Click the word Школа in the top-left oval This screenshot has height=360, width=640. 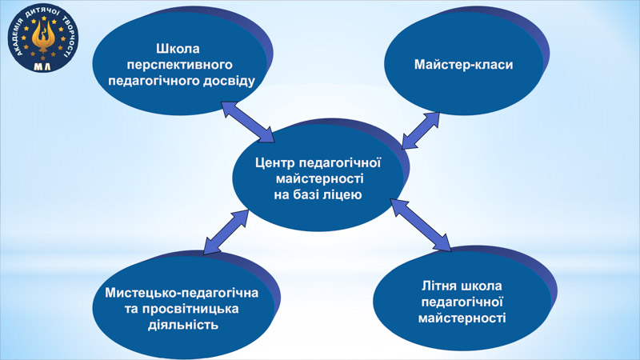pos(178,49)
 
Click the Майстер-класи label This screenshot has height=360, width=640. pos(464,65)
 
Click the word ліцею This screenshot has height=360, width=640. pos(342,194)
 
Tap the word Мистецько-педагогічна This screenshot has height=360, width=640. pos(182,293)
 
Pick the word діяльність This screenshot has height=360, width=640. pos(183,326)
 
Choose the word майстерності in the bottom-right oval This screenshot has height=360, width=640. pos(462,318)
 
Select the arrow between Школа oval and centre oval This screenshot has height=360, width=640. pos(248,122)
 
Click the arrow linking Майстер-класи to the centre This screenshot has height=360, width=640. pos(421,130)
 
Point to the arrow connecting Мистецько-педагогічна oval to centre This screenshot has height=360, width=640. pos(226,232)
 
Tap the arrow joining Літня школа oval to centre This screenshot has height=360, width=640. pos(421,225)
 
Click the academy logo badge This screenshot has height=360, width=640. pos(43,38)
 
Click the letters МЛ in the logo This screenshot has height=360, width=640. pos(42,66)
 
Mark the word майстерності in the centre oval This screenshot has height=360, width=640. pos(319,178)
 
